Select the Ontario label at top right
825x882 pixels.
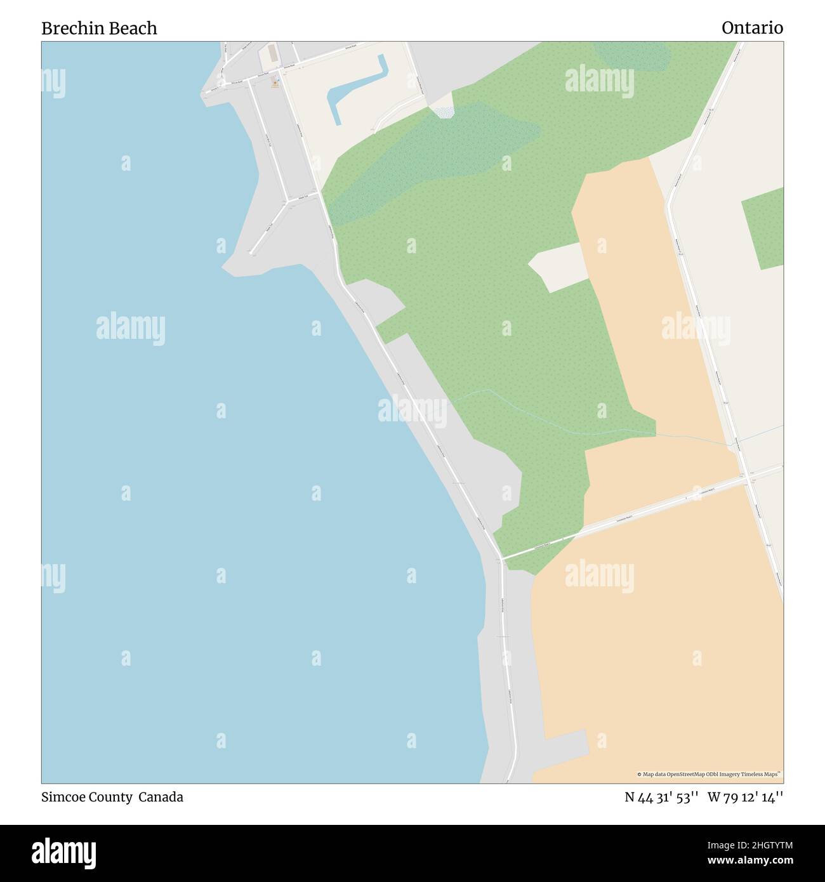[x=752, y=28]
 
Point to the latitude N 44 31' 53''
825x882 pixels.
[x=661, y=798]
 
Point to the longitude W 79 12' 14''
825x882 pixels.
[x=745, y=798]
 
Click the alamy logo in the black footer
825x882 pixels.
[x=64, y=852]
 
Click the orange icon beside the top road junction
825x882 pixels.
[x=275, y=83]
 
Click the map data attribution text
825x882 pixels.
[x=709, y=774]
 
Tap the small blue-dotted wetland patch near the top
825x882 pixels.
[x=443, y=112]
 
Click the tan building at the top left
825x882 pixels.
[x=272, y=53]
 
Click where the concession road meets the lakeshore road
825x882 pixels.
[x=501, y=558]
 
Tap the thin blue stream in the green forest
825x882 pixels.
[x=539, y=419]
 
